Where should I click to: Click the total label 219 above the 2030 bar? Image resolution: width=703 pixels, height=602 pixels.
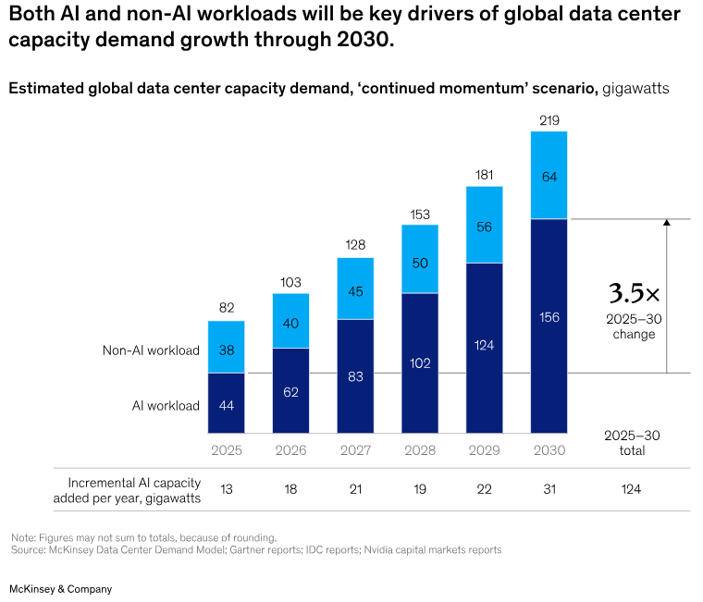pyautogui.click(x=549, y=120)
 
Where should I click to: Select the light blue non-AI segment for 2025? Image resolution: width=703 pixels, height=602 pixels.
pyautogui.click(x=227, y=347)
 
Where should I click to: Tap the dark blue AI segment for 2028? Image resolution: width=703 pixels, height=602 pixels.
pyautogui.click(x=420, y=363)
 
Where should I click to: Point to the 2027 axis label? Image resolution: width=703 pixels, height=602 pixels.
pyautogui.click(x=355, y=450)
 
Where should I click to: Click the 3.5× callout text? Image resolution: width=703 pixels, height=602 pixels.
pyautogui.click(x=634, y=294)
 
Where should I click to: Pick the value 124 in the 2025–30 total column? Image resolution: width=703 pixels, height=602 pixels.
pyautogui.click(x=631, y=489)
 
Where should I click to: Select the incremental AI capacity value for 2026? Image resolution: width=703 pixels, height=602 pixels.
pyautogui.click(x=291, y=489)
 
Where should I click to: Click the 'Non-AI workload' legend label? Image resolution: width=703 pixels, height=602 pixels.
pyautogui.click(x=151, y=350)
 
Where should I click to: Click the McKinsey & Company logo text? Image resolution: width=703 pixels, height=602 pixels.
pyautogui.click(x=61, y=588)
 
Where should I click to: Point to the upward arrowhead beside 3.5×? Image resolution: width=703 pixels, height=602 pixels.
pyautogui.click(x=666, y=223)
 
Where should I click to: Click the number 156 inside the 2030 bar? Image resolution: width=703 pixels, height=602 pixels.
pyautogui.click(x=549, y=317)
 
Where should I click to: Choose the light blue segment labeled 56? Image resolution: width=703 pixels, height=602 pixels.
pyautogui.click(x=485, y=225)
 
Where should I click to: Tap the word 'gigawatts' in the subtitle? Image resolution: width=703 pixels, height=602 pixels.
pyautogui.click(x=635, y=89)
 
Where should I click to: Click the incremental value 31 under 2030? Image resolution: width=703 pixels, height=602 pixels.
pyautogui.click(x=549, y=489)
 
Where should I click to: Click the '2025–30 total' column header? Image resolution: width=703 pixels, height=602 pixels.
pyautogui.click(x=631, y=443)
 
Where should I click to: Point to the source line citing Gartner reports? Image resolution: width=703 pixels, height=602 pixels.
pyautogui.click(x=256, y=549)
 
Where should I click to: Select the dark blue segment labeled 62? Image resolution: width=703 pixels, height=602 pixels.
pyautogui.click(x=291, y=391)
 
